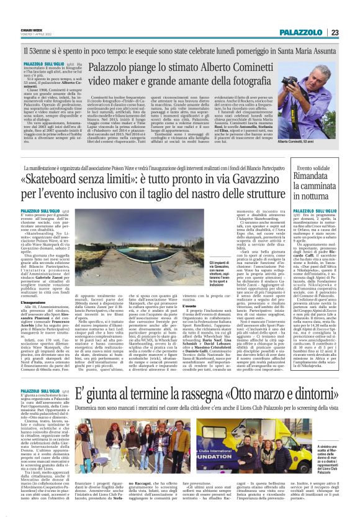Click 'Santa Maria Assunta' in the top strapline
305,47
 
